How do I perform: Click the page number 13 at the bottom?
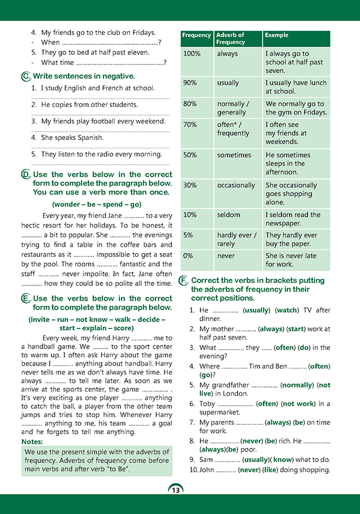tap(176, 489)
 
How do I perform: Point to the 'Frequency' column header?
tap(196, 35)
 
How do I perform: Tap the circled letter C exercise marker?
tap(25, 76)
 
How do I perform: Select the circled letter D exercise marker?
tap(25, 174)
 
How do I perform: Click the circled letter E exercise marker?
tap(25, 299)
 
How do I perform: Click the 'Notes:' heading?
tap(32, 441)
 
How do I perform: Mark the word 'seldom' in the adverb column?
tap(229, 214)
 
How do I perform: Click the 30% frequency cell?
tap(190, 185)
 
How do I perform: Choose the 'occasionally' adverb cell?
tap(236, 185)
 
